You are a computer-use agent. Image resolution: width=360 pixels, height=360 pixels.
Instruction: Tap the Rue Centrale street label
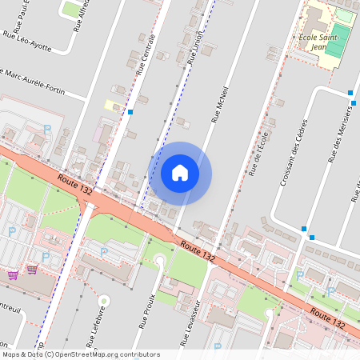[x=145, y=57]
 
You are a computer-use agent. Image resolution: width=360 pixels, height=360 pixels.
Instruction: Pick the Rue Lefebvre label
[x=90, y=321]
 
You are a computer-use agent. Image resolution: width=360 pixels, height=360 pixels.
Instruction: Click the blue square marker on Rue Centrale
[x=130, y=112]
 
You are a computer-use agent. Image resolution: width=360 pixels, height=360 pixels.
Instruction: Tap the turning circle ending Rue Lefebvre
[x=104, y=301]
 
